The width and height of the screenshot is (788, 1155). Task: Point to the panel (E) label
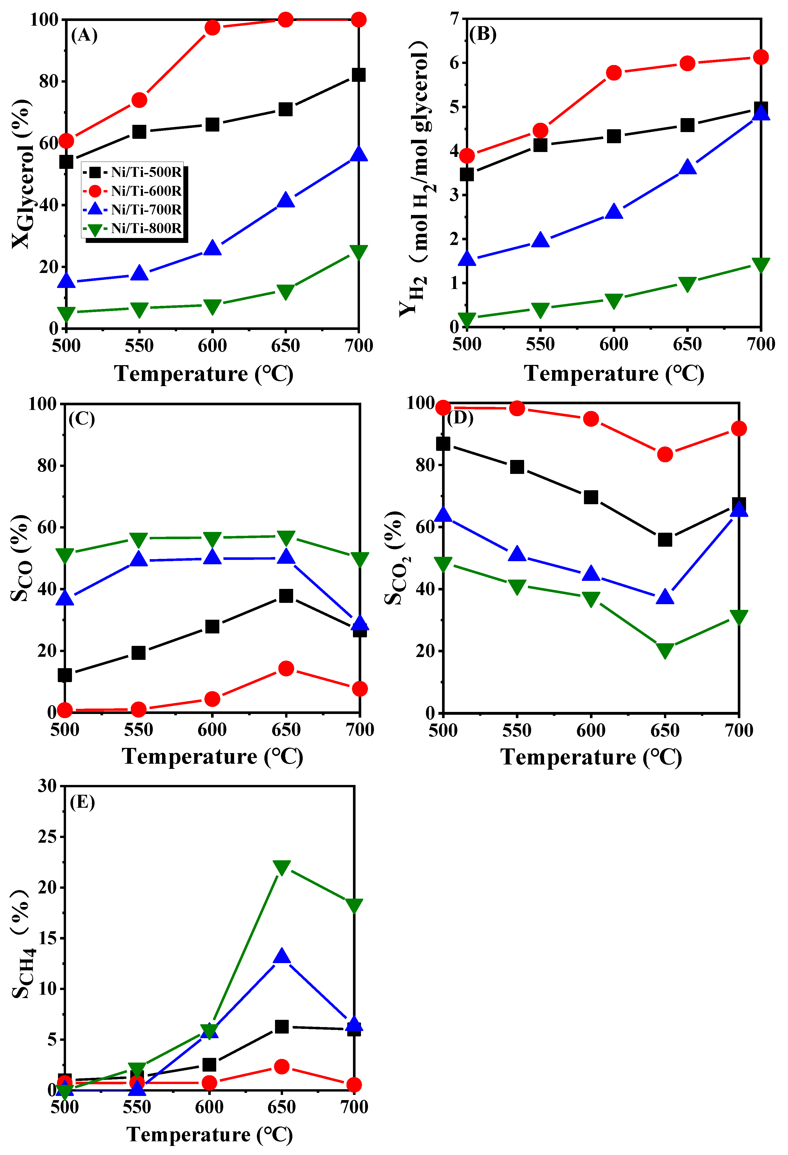click(x=82, y=802)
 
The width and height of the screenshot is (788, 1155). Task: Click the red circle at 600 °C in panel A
click(x=212, y=27)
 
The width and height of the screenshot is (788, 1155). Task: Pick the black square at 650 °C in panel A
click(x=285, y=109)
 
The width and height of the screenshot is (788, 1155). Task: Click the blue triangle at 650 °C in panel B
click(x=688, y=167)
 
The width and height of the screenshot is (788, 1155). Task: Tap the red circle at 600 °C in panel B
click(x=614, y=73)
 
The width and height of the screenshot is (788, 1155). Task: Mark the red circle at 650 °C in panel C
click(x=286, y=668)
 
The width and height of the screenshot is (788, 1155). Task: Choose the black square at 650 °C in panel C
click(x=286, y=595)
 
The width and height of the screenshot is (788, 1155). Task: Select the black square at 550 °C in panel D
click(x=517, y=467)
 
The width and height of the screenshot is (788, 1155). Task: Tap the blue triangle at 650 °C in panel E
click(x=282, y=955)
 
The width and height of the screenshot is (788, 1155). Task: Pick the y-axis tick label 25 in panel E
click(x=48, y=837)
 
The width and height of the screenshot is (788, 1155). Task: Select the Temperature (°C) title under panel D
click(x=591, y=757)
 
